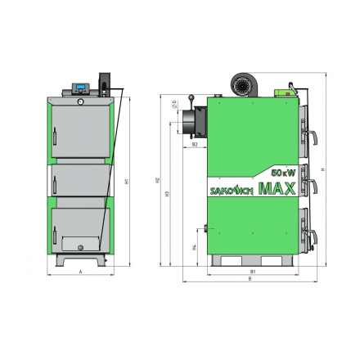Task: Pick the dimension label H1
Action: [123, 182]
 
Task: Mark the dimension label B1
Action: [254, 270]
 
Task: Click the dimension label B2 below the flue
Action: [194, 144]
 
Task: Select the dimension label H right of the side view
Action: [326, 169]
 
